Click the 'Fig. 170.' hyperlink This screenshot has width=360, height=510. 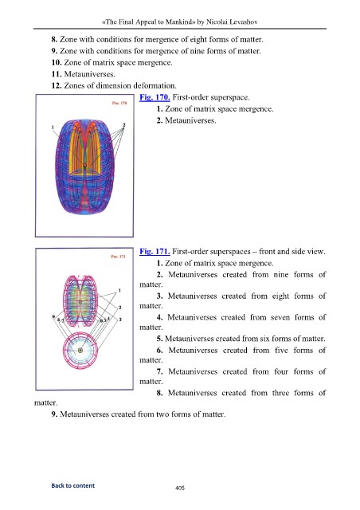click(155, 97)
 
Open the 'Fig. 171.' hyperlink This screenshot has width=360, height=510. click(155, 252)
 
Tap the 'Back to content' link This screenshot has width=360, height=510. click(72, 485)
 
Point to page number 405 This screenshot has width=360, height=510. click(180, 488)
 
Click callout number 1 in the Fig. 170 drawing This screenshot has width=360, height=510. click(53, 127)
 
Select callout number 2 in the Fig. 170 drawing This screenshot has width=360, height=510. click(124, 125)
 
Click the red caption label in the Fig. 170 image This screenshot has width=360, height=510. click(119, 103)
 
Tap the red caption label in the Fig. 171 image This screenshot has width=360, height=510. click(118, 257)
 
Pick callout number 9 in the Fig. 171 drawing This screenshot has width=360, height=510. click(53, 316)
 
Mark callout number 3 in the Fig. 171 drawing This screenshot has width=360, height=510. click(119, 320)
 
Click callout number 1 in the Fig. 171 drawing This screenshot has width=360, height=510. click(119, 290)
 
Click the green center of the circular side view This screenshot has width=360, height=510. click(80, 351)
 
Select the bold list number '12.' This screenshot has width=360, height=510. click(57, 85)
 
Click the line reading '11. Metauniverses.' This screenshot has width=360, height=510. click(84, 74)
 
